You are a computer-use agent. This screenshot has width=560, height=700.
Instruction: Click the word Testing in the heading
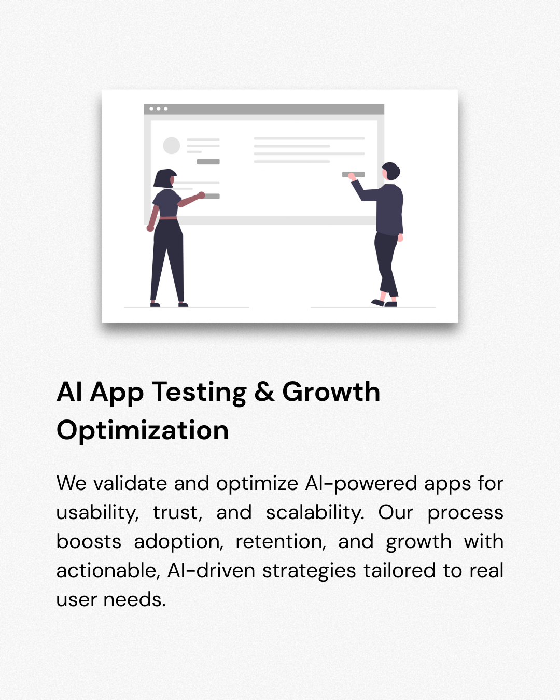[x=199, y=393]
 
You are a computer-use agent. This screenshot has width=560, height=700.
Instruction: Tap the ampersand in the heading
[x=264, y=391]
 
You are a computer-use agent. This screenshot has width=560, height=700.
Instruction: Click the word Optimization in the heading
[x=143, y=431]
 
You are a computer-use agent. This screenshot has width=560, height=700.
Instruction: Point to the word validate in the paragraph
[x=130, y=483]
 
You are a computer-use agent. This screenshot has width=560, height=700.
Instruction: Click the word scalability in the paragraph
[x=315, y=513]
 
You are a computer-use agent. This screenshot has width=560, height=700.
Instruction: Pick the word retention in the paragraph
[x=281, y=542]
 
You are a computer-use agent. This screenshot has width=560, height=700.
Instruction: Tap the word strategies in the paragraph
[x=309, y=571]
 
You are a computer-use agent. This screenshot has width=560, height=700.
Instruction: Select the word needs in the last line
[x=134, y=600]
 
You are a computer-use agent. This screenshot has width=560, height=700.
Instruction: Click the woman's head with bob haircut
[x=165, y=178]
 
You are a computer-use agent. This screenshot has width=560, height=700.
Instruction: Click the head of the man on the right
[x=391, y=171]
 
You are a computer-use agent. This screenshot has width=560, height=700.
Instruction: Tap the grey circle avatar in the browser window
[x=172, y=145]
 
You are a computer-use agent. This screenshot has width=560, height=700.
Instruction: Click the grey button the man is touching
[x=354, y=175]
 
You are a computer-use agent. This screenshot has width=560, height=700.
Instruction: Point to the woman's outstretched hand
[x=201, y=195]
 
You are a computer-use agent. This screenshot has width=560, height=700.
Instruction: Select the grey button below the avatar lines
[x=208, y=162]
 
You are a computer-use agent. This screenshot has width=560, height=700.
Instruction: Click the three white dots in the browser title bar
[x=159, y=109]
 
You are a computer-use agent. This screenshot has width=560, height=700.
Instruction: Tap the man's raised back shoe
[x=377, y=303]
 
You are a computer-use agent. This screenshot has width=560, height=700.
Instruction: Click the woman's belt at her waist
[x=168, y=218]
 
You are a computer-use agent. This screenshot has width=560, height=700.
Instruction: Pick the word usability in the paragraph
[x=97, y=513]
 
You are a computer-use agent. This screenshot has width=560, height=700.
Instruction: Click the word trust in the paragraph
[x=178, y=513]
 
